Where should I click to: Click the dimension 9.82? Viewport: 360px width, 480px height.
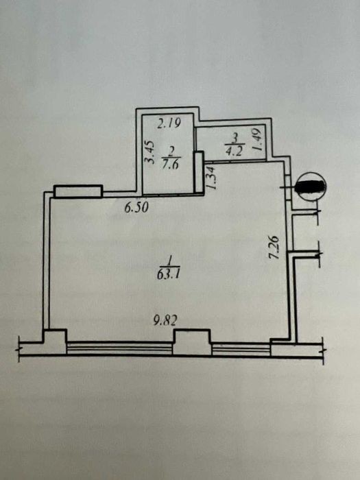tap(165, 321)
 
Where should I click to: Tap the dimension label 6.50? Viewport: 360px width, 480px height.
tap(136, 208)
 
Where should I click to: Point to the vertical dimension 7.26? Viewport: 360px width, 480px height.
tap(274, 248)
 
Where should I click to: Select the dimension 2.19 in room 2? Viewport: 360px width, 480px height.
tap(169, 124)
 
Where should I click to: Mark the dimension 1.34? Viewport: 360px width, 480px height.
tap(211, 178)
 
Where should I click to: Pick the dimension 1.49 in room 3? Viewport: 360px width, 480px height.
tap(256, 139)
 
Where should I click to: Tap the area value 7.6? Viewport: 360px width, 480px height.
tap(171, 166)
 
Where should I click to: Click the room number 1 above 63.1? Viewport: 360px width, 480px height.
tap(168, 261)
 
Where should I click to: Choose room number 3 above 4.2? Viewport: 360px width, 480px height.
tap(235, 137)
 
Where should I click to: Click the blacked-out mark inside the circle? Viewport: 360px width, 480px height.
tap(311, 187)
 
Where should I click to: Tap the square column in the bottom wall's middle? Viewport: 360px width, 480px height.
tap(192, 341)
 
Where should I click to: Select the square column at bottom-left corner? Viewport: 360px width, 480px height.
tap(54, 341)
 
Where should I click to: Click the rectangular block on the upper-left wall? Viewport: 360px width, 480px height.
tap(77, 191)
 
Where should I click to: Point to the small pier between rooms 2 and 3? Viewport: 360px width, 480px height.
tap(200, 172)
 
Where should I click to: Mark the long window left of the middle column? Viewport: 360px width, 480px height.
tap(120, 348)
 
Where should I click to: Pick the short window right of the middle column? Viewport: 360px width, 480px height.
tap(241, 349)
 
